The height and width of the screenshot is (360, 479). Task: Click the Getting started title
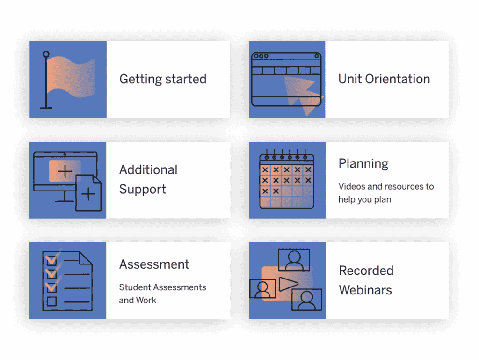click(163, 79)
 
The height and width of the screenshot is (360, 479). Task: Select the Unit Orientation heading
click(384, 79)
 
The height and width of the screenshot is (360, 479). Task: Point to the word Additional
click(148, 169)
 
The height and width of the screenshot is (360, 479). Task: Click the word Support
click(143, 190)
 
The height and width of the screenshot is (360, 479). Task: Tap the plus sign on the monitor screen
click(65, 171)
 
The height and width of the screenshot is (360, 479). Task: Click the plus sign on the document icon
click(88, 194)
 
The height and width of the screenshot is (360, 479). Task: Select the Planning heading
click(363, 164)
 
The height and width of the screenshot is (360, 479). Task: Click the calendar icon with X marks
click(287, 179)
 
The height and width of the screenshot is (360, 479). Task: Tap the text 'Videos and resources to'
click(386, 186)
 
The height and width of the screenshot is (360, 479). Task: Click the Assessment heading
click(154, 264)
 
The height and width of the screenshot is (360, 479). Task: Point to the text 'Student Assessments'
click(162, 287)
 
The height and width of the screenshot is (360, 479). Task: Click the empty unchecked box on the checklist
click(51, 301)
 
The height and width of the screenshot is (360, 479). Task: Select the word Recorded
click(366, 271)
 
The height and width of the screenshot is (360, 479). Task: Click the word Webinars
click(365, 290)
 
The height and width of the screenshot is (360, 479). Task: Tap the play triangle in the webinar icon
click(288, 284)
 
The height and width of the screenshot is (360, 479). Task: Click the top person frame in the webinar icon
click(294, 260)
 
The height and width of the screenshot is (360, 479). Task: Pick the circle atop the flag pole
click(46, 54)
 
